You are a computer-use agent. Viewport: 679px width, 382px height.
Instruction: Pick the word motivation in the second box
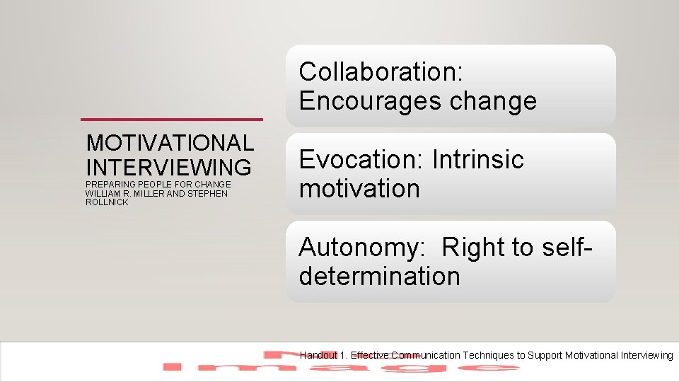pyautogui.click(x=359, y=189)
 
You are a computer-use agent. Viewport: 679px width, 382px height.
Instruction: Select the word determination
pyautogui.click(x=379, y=276)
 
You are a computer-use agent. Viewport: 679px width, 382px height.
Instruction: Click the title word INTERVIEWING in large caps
pyautogui.click(x=168, y=167)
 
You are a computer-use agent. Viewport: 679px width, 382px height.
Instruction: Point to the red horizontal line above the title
pyautogui.click(x=172, y=119)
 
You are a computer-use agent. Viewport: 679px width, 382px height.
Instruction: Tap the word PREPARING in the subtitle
pyautogui.click(x=109, y=184)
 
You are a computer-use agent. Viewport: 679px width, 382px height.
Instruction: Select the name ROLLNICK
pyautogui.click(x=107, y=202)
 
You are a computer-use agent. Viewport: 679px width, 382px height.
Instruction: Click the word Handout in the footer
pyautogui.click(x=318, y=355)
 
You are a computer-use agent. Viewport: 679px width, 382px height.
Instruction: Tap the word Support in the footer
pyautogui.click(x=547, y=355)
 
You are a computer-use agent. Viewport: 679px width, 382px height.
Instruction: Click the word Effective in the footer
pyautogui.click(x=370, y=355)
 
